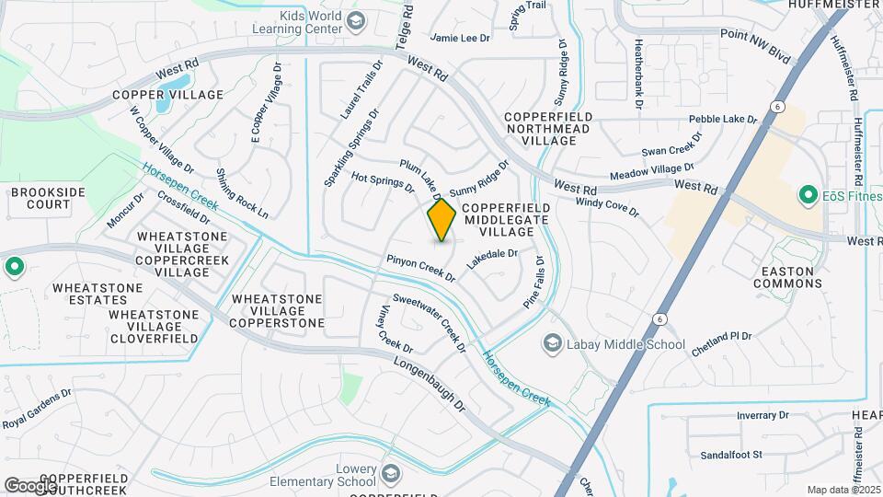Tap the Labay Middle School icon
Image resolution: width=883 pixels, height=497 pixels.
pos(553,344)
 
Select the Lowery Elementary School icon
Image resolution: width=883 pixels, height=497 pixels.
pos(390,475)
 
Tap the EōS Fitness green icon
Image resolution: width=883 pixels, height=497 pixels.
pos(808,195)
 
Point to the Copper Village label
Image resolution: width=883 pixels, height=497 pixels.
pos(168,95)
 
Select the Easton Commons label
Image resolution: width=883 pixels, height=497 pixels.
pos(787,277)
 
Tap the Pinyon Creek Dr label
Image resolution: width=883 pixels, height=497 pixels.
pos(420,268)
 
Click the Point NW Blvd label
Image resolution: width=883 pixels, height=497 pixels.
pos(755,45)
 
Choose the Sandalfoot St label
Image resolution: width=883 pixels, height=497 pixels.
pos(732,455)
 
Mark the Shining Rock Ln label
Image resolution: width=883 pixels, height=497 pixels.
pos(242,193)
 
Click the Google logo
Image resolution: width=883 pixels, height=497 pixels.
pos(30,485)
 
